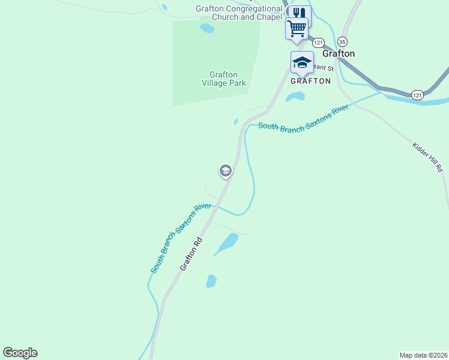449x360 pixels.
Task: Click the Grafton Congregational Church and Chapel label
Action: pos(239,13)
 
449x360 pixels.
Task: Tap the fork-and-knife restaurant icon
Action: pos(299,13)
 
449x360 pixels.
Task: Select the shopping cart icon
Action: pos(297,28)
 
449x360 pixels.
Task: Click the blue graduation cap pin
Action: pos(302,62)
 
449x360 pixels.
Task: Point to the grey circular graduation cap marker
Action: pos(225,172)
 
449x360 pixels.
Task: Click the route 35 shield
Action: pos(342,41)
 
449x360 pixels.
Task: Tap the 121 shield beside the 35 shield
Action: pos(318,43)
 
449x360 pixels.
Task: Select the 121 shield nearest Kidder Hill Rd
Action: pos(418,95)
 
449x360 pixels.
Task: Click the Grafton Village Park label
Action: pos(223,79)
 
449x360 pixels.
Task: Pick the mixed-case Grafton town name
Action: pos(339,53)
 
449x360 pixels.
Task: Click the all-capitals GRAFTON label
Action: pos(310,80)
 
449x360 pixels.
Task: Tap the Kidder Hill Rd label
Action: pos(427,158)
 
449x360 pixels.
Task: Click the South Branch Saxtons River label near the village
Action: pos(303,119)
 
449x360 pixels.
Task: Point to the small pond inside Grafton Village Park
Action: pos(207,28)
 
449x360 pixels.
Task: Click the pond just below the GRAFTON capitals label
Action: pos(295,97)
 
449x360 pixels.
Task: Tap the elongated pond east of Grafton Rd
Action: pos(228,242)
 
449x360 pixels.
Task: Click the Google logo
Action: pos(20,353)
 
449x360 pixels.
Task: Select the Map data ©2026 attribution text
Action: pos(424,355)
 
